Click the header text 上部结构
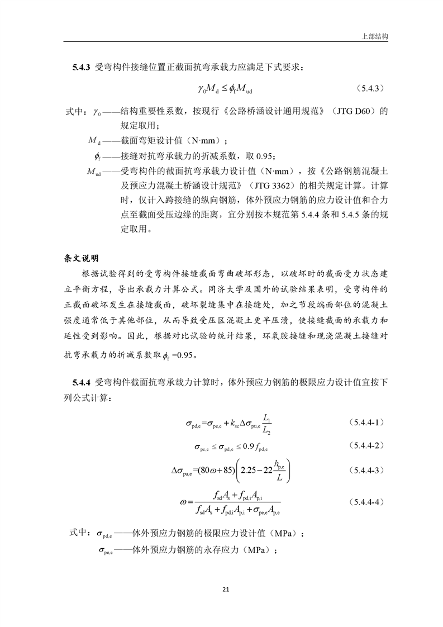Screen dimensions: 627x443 pos(375,35)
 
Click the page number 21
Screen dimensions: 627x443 pos(226,589)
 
